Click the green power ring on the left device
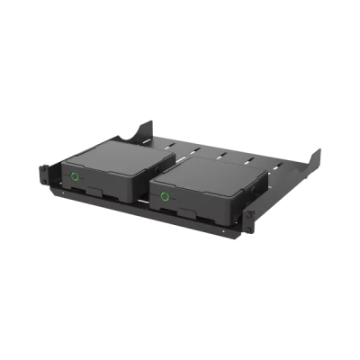tap(75, 175)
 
